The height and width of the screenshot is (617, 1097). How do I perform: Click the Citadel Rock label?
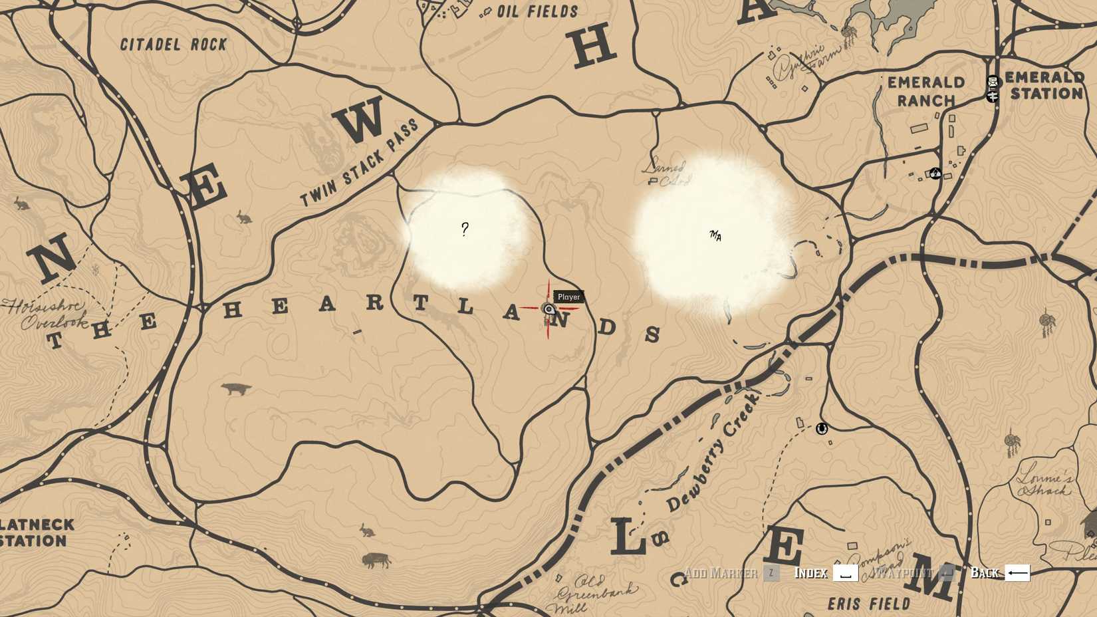pyautogui.click(x=174, y=45)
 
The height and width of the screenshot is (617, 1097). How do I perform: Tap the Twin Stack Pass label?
pyautogui.click(x=360, y=163)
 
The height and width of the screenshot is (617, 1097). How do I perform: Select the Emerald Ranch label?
pyautogui.click(x=925, y=91)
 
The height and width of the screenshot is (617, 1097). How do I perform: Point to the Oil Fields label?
pyautogui.click(x=538, y=11)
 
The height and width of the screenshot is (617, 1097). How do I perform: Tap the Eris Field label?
pyautogui.click(x=868, y=604)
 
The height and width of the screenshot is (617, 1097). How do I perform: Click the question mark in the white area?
pyautogui.click(x=465, y=229)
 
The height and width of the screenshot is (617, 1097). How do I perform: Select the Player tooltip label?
pyautogui.click(x=568, y=297)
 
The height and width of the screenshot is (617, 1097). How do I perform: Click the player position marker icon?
pyautogui.click(x=548, y=309)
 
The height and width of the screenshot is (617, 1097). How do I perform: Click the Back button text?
pyautogui.click(x=984, y=572)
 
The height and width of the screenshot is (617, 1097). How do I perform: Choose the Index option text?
pyautogui.click(x=810, y=572)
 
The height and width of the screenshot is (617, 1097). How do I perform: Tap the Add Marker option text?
pyautogui.click(x=720, y=572)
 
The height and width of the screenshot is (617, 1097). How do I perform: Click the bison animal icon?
pyautogui.click(x=376, y=561)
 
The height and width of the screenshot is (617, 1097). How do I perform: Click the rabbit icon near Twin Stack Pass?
pyautogui.click(x=244, y=217)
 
